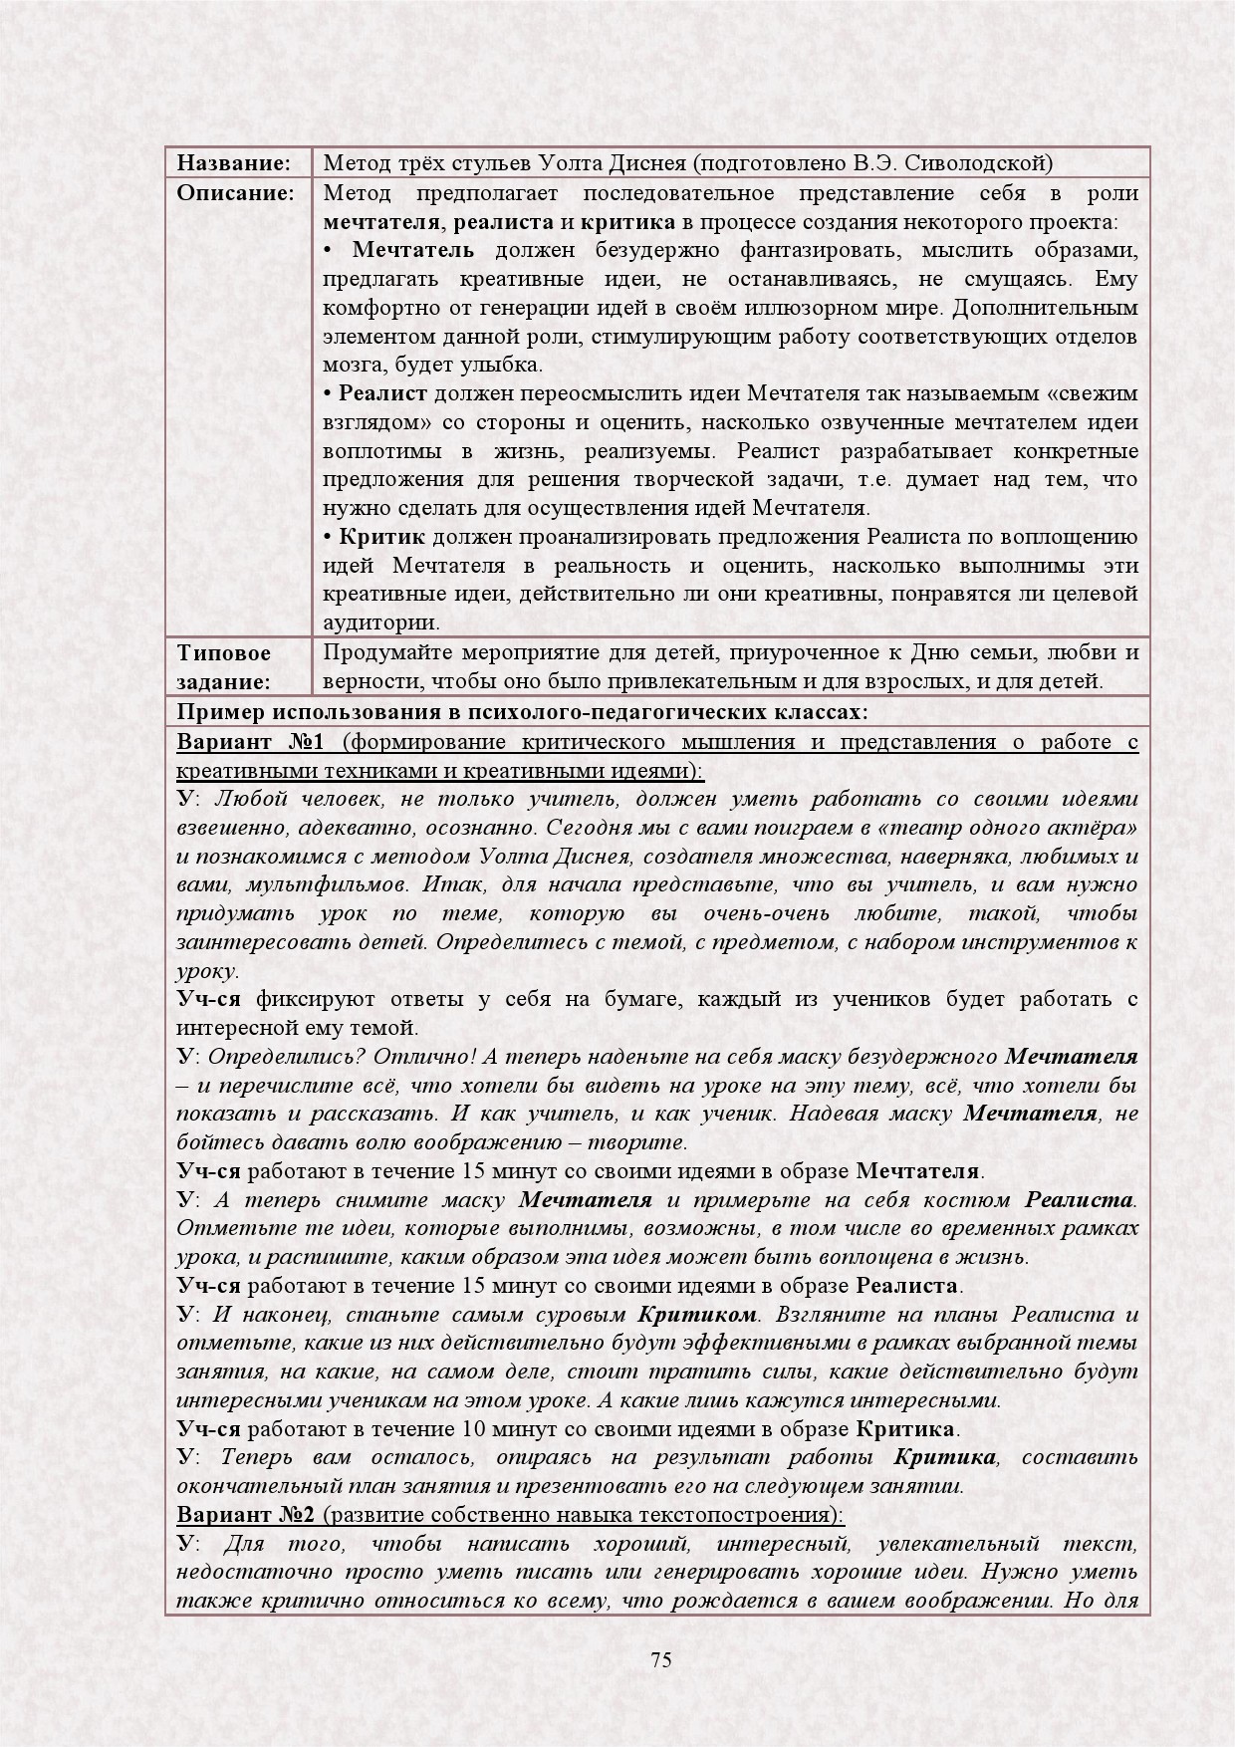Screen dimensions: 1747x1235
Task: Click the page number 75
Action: tap(661, 1659)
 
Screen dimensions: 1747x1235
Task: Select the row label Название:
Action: tap(233, 162)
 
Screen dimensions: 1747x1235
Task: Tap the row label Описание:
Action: tap(235, 192)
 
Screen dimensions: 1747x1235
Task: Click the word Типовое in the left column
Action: tap(224, 653)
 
